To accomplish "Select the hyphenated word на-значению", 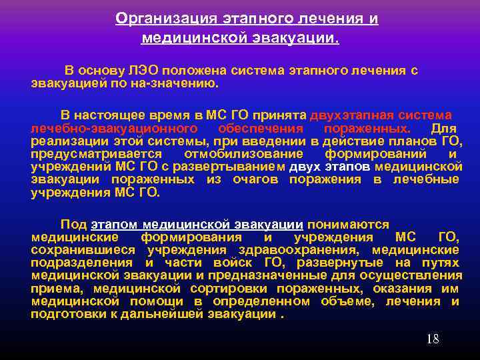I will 178,84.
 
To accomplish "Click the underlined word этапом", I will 115,224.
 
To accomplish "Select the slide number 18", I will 433,339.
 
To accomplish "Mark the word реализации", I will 69,141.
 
